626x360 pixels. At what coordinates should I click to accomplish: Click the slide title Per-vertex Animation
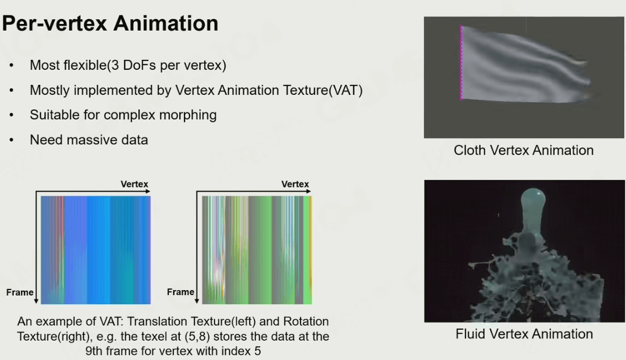pos(110,23)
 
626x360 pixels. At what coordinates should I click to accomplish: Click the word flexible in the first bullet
pos(83,65)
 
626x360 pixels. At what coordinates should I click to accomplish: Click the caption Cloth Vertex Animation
pos(524,151)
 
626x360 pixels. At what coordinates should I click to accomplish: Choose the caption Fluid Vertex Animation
pos(524,334)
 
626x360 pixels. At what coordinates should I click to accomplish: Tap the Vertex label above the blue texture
pos(134,184)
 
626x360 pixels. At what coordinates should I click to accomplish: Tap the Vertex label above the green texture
pos(295,184)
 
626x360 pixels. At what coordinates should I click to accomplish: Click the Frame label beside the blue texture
pos(20,292)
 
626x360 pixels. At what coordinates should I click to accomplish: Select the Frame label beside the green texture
pos(180,292)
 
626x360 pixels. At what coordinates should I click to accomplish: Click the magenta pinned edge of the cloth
pos(461,62)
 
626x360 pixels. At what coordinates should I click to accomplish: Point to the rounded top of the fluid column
pos(534,196)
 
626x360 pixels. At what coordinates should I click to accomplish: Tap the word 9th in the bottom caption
pos(95,351)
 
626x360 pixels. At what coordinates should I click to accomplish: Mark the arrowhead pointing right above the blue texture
pos(148,192)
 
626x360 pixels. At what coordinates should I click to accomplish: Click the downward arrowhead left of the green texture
pos(197,301)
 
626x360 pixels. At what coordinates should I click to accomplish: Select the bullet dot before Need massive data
pos(11,140)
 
